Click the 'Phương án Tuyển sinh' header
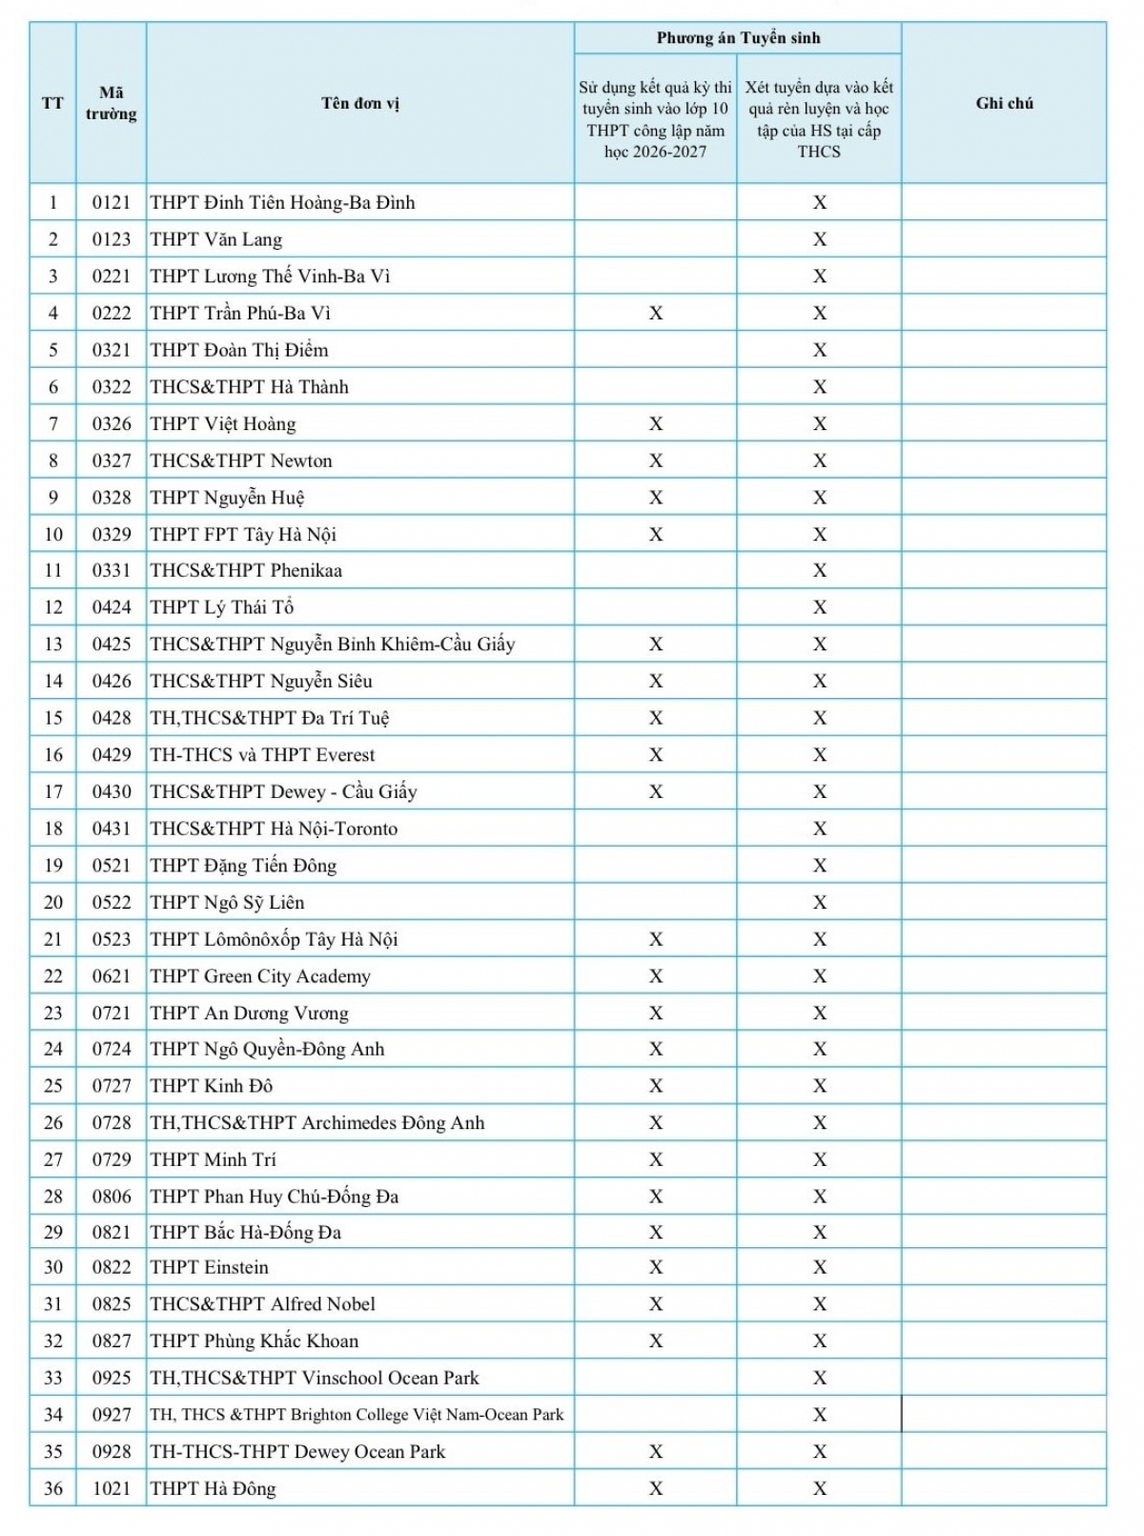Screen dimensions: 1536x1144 (738, 38)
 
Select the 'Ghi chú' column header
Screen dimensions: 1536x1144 (1004, 103)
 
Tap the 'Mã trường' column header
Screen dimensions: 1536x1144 (112, 103)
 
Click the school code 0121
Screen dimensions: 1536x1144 (112, 202)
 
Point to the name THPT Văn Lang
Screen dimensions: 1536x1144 (216, 239)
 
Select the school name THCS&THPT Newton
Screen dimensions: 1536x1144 (241, 461)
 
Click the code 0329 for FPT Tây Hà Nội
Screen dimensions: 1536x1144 (112, 534)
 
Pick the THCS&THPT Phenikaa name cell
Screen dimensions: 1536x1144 (246, 570)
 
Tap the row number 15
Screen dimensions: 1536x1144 (53, 718)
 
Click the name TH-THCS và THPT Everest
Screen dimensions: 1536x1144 (262, 755)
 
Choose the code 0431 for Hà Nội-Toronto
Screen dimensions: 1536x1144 (112, 829)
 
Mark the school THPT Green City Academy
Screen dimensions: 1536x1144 (260, 976)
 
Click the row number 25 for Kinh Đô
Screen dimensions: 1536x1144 (53, 1086)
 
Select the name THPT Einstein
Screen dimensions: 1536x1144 (210, 1267)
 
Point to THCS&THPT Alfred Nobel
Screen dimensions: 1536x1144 (263, 1304)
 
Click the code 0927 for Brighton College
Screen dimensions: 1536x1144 (112, 1415)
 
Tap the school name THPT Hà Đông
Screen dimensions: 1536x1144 (213, 1488)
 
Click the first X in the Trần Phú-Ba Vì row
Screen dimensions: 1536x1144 (656, 313)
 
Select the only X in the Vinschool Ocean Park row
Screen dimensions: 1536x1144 (820, 1378)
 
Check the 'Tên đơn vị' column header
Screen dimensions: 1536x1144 (360, 103)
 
